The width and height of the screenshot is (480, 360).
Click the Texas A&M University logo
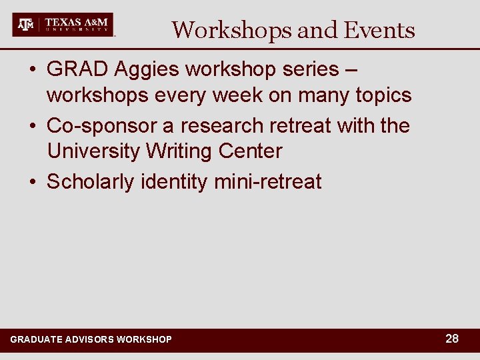click(x=63, y=25)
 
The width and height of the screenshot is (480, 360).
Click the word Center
click(x=252, y=151)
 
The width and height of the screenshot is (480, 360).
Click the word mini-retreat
click(x=268, y=181)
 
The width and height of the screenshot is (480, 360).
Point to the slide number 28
click(x=452, y=339)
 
